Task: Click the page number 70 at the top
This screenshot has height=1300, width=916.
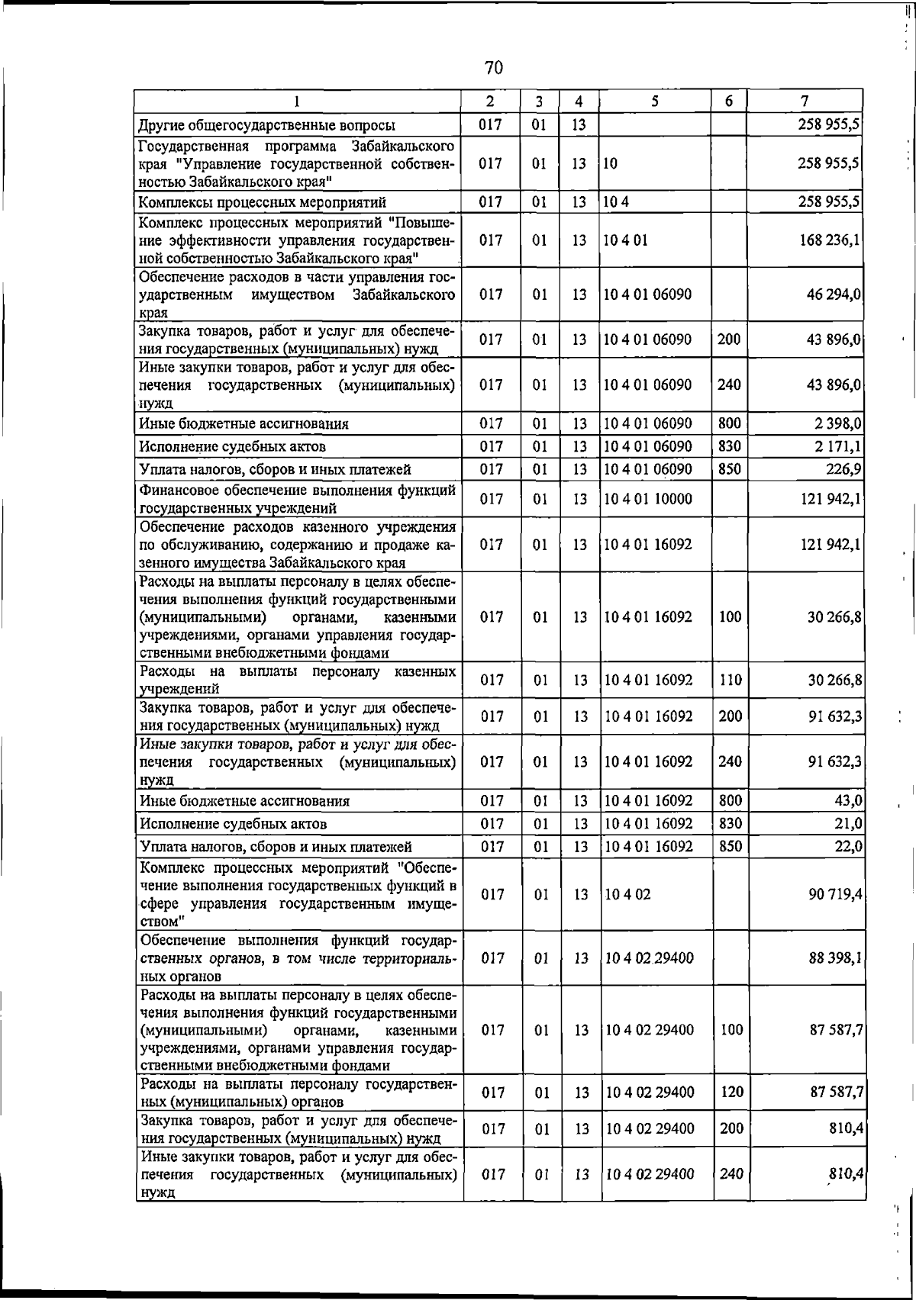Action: coord(494,68)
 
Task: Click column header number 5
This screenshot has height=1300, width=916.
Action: coord(655,101)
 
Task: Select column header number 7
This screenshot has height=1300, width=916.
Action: coord(805,101)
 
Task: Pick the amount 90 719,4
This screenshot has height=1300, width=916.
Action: coord(835,893)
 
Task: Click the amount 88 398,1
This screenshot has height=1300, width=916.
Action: coord(835,957)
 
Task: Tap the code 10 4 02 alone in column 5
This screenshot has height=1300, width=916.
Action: coord(627,894)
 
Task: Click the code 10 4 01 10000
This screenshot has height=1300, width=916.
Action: coord(647,499)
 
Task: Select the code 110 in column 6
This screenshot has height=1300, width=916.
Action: coord(731,680)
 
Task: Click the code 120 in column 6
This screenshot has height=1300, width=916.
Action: coord(731,1092)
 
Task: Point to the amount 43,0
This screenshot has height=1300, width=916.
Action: coord(849,800)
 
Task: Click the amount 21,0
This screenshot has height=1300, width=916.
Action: coord(849,823)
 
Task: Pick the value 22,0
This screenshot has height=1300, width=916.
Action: coord(849,846)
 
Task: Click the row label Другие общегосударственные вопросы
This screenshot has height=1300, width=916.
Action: coord(266,125)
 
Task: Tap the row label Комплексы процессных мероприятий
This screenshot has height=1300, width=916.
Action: coord(262,202)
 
